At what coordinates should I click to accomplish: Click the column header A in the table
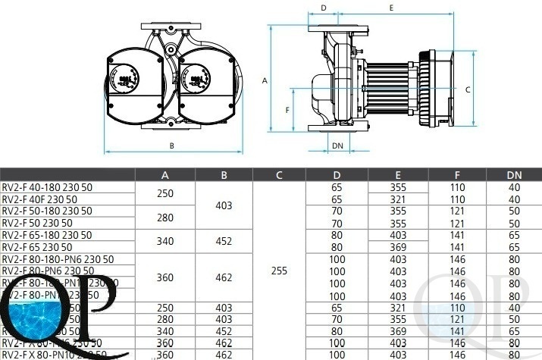coord(164,175)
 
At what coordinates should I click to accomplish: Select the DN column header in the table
coord(515,175)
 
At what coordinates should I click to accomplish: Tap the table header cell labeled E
coord(398,175)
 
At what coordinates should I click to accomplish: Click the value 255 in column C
coord(279,270)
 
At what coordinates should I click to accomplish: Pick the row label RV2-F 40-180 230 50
coord(46,187)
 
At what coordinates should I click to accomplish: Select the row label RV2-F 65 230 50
coord(37,247)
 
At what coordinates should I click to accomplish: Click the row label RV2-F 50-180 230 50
coord(46,211)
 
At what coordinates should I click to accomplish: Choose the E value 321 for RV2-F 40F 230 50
coord(398,199)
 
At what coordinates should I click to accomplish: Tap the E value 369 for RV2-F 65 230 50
coord(398,247)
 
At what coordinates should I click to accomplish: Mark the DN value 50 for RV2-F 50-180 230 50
coord(515,211)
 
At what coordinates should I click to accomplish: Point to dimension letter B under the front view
coord(172,146)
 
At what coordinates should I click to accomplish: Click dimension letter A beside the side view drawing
coord(265,79)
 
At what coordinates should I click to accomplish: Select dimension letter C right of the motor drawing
coord(468,89)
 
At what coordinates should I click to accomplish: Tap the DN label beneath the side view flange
coord(338,143)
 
